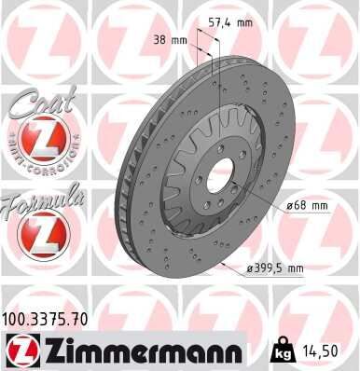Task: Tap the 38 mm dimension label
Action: coord(169,40)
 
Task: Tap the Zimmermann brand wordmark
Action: coord(139,350)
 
